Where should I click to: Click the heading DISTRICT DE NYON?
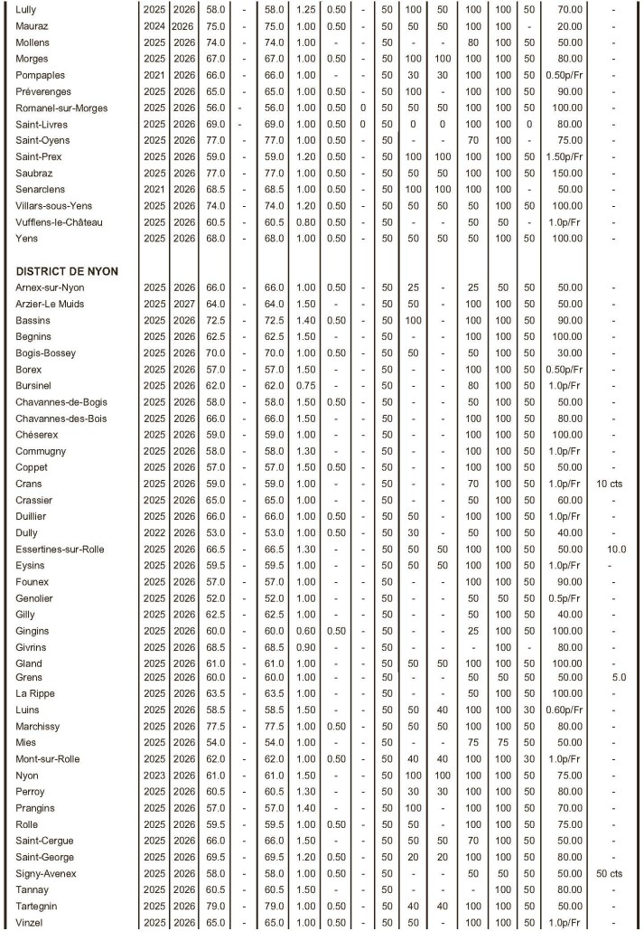pyautogui.click(x=67, y=271)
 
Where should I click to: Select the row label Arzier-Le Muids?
pyautogui.click(x=50, y=304)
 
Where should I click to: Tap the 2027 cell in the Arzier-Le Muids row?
pyautogui.click(x=182, y=304)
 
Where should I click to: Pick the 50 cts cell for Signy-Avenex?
pyautogui.click(x=613, y=872)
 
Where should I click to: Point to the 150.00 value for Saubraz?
pyautogui.click(x=569, y=173)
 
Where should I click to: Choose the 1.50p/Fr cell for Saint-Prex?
pyautogui.click(x=569, y=156)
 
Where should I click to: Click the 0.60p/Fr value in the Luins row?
pyautogui.click(x=569, y=710)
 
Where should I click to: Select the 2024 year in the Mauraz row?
pyautogui.click(x=153, y=26)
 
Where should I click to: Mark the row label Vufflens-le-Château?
pyautogui.click(x=60, y=221)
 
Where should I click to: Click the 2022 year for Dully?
pyautogui.click(x=153, y=532)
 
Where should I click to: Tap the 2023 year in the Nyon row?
pyautogui.click(x=153, y=776)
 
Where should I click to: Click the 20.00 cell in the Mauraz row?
pyautogui.click(x=569, y=26)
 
